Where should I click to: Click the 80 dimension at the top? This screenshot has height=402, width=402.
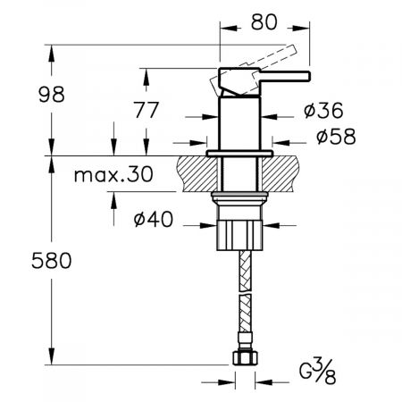click(264, 22)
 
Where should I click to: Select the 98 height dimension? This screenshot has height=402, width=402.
click(52, 95)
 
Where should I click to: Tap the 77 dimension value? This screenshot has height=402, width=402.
click(146, 110)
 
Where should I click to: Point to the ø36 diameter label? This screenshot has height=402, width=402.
click(323, 110)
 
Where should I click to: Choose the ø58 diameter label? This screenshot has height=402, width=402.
click(336, 137)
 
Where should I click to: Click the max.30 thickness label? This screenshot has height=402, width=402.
click(113, 174)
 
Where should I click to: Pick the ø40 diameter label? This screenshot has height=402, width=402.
click(153, 220)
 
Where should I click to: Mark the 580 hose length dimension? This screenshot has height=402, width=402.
click(52, 260)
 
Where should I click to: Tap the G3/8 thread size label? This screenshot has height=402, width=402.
click(317, 372)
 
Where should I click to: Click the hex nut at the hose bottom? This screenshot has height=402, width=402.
click(245, 357)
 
